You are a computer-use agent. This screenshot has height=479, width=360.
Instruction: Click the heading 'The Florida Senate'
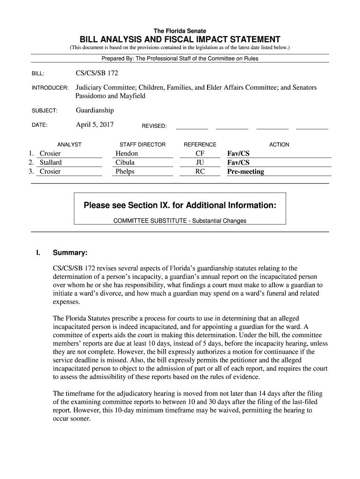180,31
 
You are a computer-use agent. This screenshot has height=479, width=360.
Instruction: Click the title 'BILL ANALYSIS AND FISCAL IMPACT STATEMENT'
180,39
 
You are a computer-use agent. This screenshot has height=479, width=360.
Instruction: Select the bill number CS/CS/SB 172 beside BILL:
94,73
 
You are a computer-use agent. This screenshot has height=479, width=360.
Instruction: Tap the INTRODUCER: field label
50,88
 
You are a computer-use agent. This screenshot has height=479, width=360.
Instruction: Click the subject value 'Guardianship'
94,110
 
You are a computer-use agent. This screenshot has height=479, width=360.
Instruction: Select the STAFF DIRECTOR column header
143,145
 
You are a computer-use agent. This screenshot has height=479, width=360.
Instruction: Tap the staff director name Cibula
125,162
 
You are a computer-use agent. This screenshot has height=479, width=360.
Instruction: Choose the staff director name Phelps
125,172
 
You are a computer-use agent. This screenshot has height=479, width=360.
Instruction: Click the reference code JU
200,162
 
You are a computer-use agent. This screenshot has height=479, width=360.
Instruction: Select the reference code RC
200,172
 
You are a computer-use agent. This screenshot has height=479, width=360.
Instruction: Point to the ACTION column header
279,145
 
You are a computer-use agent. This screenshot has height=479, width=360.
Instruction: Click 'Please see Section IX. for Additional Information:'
180,205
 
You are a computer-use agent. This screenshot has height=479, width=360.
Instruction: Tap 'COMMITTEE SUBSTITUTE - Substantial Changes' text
180,221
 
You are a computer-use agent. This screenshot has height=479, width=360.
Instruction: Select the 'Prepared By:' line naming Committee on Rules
180,58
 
